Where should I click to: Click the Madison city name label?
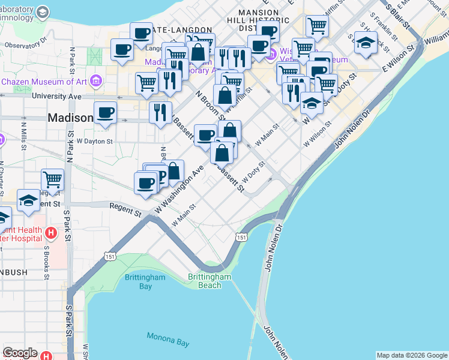tap(70, 118)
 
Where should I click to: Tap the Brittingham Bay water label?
tap(137, 281)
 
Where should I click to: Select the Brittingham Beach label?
tap(209, 281)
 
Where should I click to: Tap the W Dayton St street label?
tap(95, 142)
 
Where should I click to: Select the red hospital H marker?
tap(51, 232)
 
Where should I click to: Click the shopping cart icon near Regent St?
tap(53, 179)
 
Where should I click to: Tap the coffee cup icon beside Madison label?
tap(106, 112)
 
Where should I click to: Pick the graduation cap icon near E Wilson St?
tap(366, 43)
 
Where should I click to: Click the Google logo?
tap(20, 353)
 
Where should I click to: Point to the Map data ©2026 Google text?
tap(412, 355)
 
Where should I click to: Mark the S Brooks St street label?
tap(46, 262)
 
